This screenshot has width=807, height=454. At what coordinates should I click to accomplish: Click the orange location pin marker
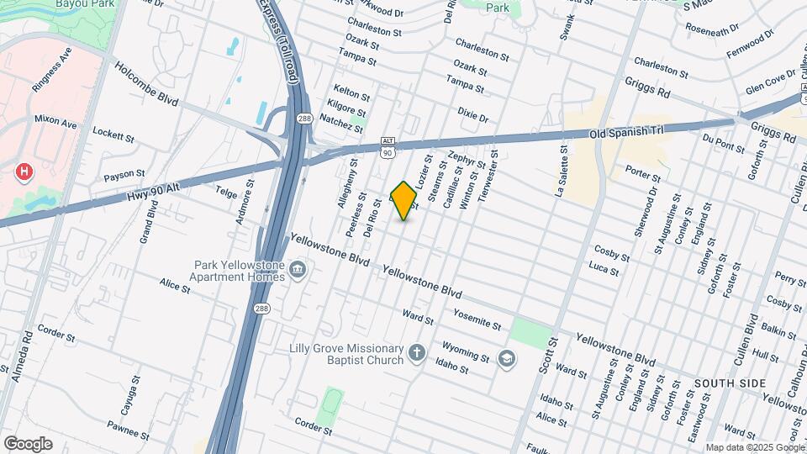coord(404,200)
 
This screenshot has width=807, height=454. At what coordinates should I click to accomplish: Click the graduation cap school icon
coord(505,359)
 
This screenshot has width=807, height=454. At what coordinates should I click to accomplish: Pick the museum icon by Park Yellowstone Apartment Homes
coord(297,270)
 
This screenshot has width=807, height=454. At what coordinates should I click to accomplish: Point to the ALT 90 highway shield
coord(388,148)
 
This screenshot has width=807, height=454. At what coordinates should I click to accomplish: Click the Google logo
coord(28,444)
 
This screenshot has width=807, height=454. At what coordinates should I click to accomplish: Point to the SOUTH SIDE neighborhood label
coord(730,383)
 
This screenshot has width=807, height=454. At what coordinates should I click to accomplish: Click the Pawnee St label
coord(128,436)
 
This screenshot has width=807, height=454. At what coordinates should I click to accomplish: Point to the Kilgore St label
coord(348,110)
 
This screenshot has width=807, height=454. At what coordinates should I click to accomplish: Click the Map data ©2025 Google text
coord(754,447)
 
